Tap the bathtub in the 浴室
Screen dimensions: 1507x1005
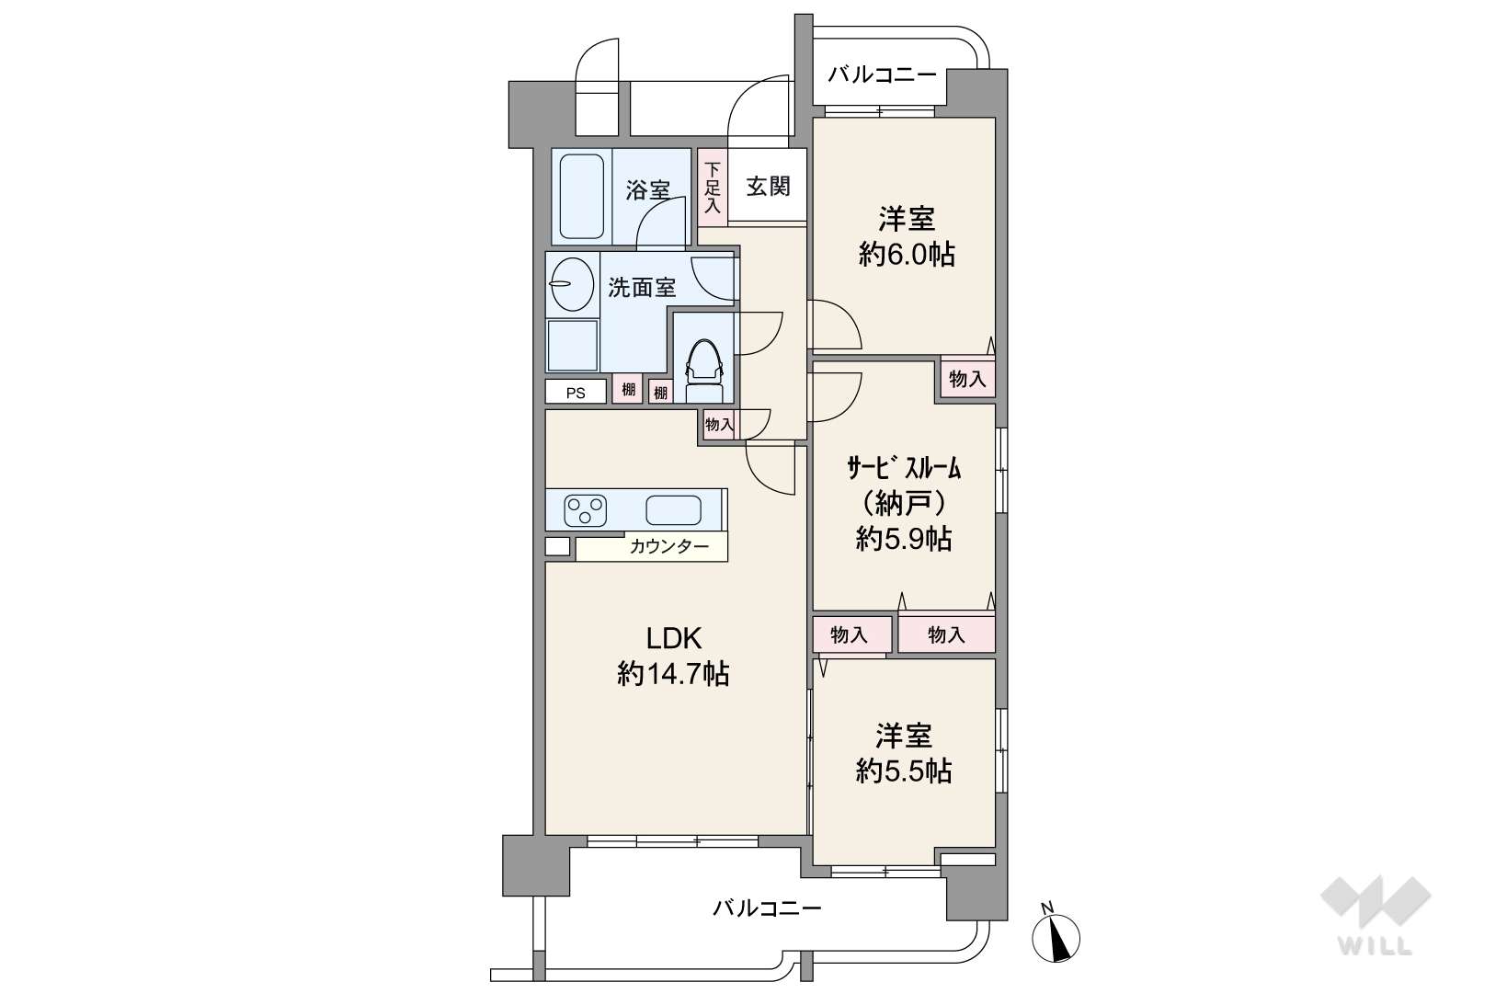[582, 197]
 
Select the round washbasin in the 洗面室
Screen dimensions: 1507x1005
[572, 284]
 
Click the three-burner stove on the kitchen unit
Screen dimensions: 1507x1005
[586, 510]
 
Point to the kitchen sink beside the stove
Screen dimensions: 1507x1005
[673, 510]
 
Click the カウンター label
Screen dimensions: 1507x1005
[668, 547]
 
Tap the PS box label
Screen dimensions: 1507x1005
[576, 393]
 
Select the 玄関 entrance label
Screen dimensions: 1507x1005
[768, 187]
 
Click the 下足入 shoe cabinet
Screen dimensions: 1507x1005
[713, 187]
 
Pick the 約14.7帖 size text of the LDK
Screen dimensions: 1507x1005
[673, 673]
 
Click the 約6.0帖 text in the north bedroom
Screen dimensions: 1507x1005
[907, 255]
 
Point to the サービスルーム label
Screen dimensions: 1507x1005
[904, 467]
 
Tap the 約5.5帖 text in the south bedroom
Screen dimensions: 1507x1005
[904, 771]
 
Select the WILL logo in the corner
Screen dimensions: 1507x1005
[1376, 915]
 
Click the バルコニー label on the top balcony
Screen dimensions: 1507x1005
[882, 74]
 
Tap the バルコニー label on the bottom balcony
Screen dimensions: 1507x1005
[767, 909]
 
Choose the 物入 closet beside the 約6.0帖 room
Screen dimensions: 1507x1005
[967, 380]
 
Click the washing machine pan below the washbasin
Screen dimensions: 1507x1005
[573, 346]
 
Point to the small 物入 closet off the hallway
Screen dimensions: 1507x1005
[719, 425]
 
